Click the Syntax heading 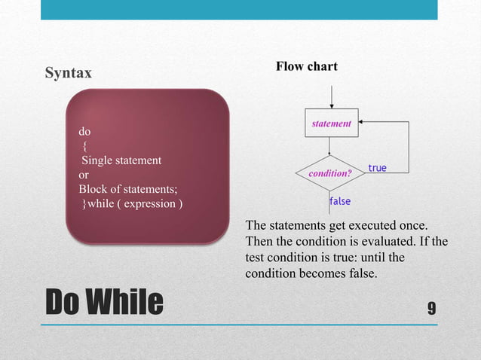(x=69, y=73)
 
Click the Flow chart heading (x=306, y=67)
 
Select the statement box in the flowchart (x=331, y=124)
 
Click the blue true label (x=377, y=167)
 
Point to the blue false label (x=339, y=201)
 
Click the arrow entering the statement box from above (x=331, y=98)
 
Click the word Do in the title (x=64, y=302)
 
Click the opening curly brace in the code (x=84, y=145)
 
